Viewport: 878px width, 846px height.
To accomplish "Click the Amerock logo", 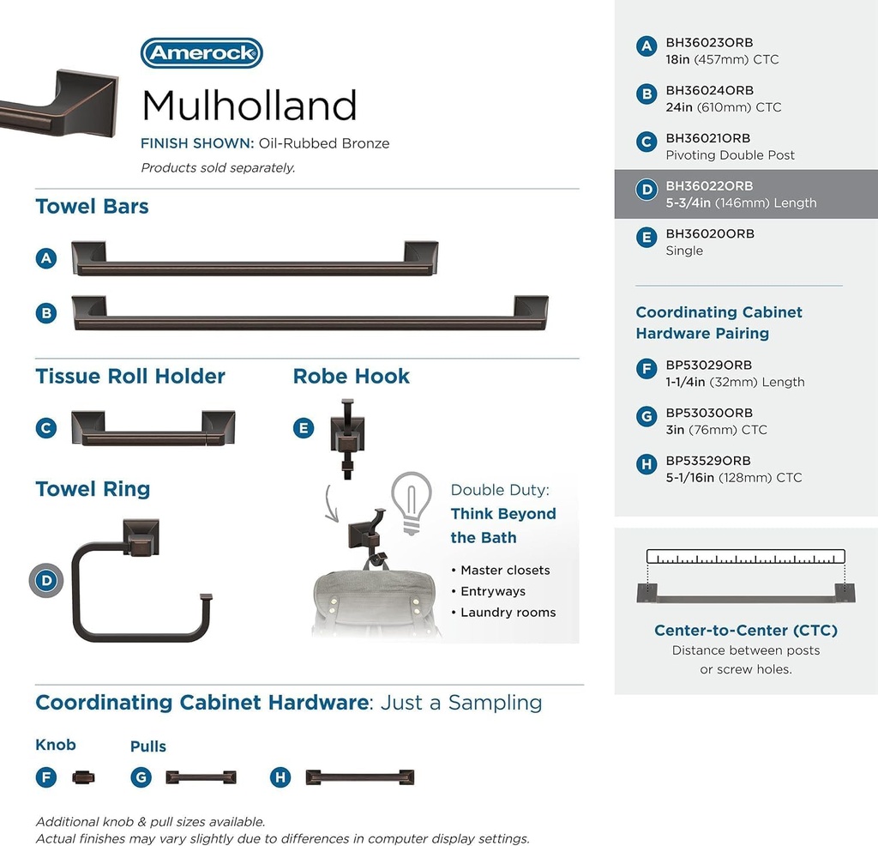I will (x=201, y=53).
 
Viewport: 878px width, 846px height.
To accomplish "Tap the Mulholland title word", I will (x=249, y=106).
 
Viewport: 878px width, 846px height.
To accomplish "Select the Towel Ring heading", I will (x=93, y=489).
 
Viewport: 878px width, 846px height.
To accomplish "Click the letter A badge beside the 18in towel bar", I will (x=46, y=257).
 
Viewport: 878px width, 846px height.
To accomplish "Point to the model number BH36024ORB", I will (x=709, y=90).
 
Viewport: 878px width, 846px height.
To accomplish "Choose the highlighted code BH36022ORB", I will (x=709, y=186).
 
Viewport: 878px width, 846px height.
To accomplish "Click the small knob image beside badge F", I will (x=84, y=777).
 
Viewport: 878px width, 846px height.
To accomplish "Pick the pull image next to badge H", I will (x=360, y=777).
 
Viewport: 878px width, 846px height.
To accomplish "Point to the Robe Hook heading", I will (x=351, y=376).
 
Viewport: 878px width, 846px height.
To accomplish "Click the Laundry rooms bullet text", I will (x=508, y=613).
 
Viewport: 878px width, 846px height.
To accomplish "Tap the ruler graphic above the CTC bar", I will (x=745, y=556).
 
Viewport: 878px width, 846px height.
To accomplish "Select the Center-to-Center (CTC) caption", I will (x=745, y=631).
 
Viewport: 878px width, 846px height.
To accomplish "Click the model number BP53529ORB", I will (x=708, y=461).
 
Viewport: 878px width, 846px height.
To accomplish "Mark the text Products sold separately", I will (x=218, y=168).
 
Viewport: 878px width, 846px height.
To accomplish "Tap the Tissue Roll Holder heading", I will (x=130, y=376).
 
